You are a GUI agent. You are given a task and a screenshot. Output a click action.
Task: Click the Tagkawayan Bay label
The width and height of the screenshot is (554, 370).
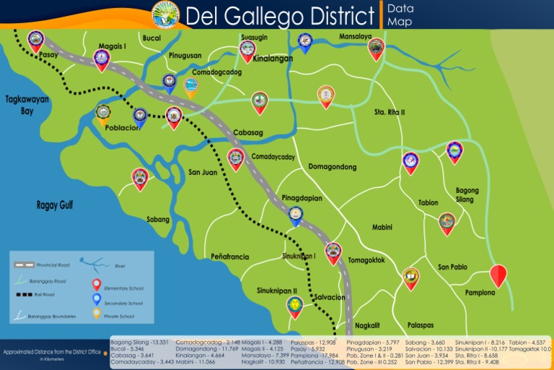(27, 106)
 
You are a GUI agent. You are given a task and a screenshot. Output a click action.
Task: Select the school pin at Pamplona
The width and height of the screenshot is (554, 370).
(498, 276)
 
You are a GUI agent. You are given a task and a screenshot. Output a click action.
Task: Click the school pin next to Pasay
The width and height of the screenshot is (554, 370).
(35, 40)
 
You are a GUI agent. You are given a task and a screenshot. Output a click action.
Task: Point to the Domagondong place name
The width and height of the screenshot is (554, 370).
(332, 167)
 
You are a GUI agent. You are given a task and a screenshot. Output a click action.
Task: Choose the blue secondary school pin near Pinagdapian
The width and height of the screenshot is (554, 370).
(296, 215)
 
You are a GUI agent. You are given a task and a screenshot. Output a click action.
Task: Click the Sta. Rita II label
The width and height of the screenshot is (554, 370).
(390, 112)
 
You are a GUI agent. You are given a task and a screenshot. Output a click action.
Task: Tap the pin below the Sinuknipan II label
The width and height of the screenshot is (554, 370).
(294, 306)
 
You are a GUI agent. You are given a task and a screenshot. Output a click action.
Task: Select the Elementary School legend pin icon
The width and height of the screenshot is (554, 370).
(97, 285)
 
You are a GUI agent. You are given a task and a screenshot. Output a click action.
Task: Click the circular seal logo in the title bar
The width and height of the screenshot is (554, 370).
(166, 14)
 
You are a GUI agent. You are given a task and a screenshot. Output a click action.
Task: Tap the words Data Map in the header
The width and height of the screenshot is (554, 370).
(400, 14)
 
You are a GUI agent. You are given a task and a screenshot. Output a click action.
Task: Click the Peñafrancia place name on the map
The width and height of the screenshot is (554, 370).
(230, 257)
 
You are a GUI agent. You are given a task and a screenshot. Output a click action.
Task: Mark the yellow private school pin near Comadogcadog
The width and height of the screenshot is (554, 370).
(190, 87)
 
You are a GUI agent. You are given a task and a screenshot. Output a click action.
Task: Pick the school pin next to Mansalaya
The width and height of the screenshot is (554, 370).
(376, 48)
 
